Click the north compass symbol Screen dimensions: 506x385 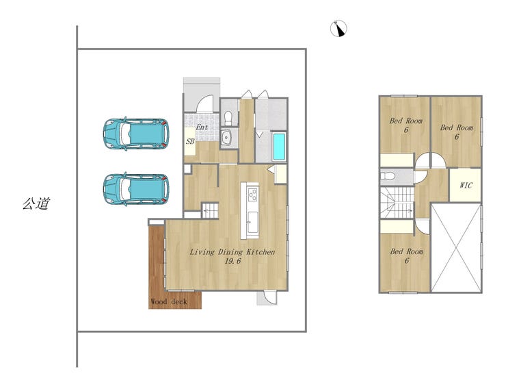338,29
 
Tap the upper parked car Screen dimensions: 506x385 136,134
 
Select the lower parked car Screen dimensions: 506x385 136,189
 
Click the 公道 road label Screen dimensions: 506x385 36,203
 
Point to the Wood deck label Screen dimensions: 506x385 169,301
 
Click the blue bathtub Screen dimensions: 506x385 279,147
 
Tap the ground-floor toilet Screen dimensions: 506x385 228,119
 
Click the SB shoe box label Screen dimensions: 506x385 190,142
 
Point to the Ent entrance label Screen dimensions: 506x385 202,127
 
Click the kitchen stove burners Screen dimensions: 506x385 253,195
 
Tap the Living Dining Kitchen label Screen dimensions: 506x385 232,252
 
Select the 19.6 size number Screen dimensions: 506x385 232,261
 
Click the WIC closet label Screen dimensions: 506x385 466,185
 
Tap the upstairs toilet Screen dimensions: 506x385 386,176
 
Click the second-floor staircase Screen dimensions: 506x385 397,203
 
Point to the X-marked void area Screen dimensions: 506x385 456,247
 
